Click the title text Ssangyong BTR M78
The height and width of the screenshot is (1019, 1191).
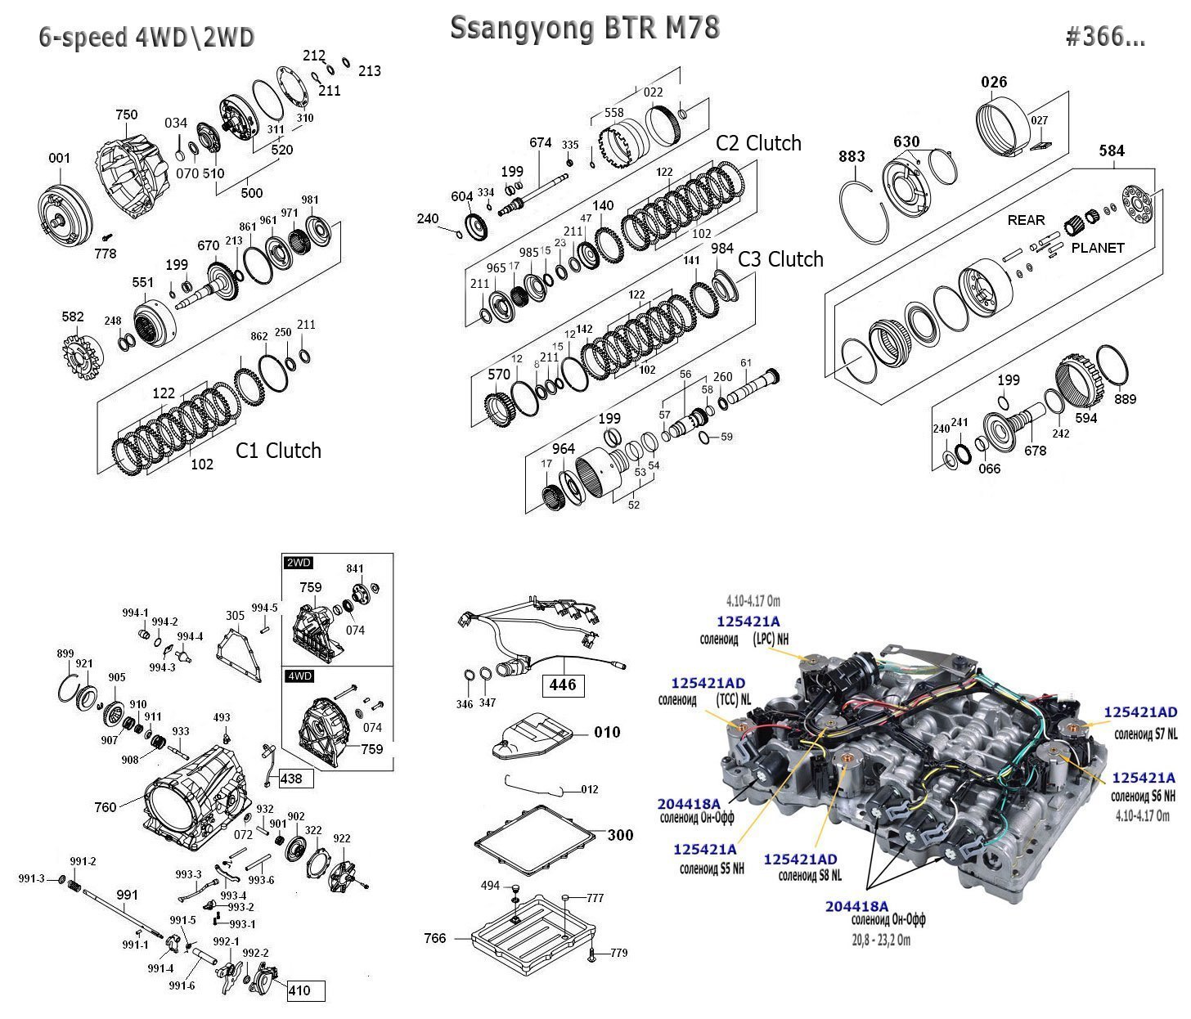[585, 29]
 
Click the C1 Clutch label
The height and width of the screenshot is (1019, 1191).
[278, 451]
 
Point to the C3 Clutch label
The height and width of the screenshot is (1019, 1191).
[780, 259]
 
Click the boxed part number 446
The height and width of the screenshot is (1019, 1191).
[563, 685]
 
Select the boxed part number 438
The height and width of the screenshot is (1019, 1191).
[291, 778]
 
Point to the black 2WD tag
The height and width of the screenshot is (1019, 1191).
[298, 563]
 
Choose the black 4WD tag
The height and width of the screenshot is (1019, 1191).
[298, 676]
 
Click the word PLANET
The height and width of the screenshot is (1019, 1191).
[1098, 248]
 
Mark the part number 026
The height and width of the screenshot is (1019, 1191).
[994, 82]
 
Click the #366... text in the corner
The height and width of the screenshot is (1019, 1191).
[1105, 37]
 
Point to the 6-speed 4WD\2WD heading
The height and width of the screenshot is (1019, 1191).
[147, 38]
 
